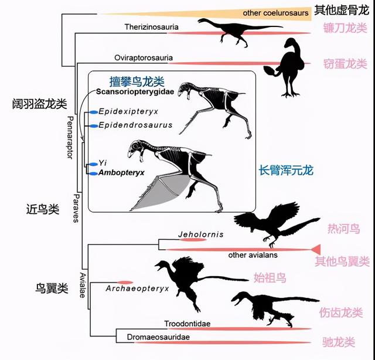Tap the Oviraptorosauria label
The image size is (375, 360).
(x=141, y=57)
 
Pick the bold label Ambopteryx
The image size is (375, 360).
(x=121, y=174)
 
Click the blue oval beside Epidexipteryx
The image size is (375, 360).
(x=92, y=111)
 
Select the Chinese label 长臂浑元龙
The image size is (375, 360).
(x=287, y=171)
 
